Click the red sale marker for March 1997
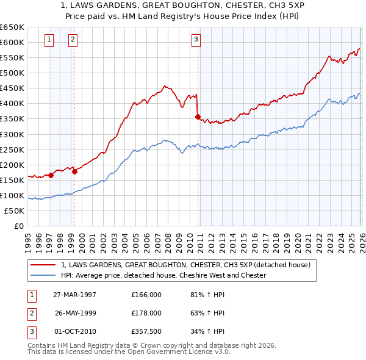[x=51, y=175]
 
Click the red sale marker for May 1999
[x=74, y=171]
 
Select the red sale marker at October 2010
[x=198, y=117]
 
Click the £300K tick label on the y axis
[x=12, y=134]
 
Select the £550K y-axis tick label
[x=12, y=57]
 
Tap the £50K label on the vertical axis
[x=15, y=211]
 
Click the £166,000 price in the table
[x=146, y=295]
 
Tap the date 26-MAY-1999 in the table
[x=76, y=313]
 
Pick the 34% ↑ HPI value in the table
[x=207, y=331]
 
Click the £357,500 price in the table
[x=146, y=331]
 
